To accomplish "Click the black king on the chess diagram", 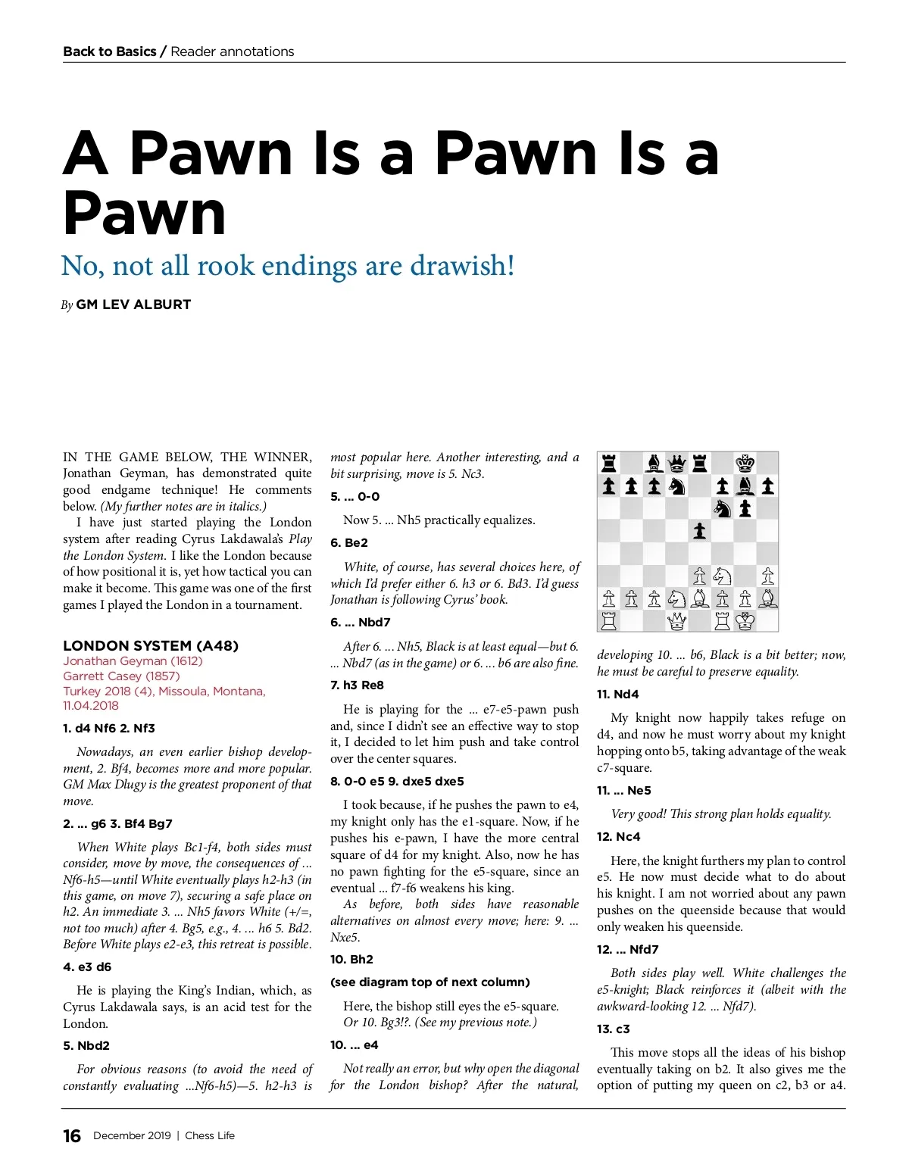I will pyautogui.click(x=745, y=464).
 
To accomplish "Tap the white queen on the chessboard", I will pyautogui.click(x=677, y=621).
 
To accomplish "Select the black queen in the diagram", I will pyautogui.click(x=677, y=464).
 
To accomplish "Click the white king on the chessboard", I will pyautogui.click(x=745, y=621).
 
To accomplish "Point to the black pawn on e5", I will pyautogui.click(x=700, y=531).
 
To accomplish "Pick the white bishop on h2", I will pyautogui.click(x=767, y=598).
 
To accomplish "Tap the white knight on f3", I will pyautogui.click(x=723, y=576).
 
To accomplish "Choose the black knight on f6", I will pyautogui.click(x=723, y=508).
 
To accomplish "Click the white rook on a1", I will pyautogui.click(x=609, y=621).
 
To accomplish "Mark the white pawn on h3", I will pyautogui.click(x=767, y=576).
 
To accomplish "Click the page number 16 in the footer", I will pyautogui.click(x=72, y=1135).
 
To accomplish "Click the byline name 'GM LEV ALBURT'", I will pyautogui.click(x=133, y=304).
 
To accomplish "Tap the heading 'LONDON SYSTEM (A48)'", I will pyautogui.click(x=151, y=645).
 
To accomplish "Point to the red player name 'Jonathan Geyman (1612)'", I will pyautogui.click(x=133, y=661).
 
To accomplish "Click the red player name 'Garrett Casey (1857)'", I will pyautogui.click(x=121, y=676).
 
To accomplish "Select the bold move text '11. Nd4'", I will pyautogui.click(x=617, y=694).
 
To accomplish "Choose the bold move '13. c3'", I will pyautogui.click(x=613, y=1029).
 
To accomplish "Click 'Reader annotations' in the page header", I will pyautogui.click(x=232, y=52).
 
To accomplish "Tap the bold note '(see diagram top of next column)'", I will pyautogui.click(x=430, y=982).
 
